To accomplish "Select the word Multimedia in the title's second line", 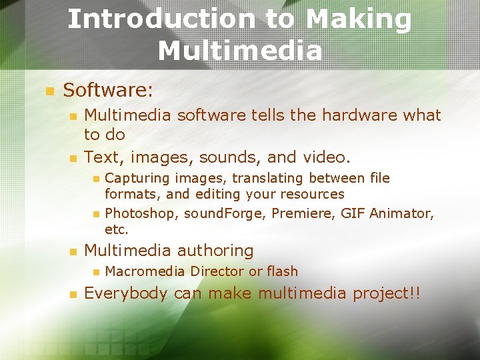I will pos(240,50).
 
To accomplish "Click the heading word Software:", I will pos(107,89).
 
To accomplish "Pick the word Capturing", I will pos(136,178).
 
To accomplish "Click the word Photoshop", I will pos(141,214).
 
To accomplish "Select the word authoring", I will pos(216,251).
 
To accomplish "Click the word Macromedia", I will pos(145,271).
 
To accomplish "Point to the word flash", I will pos(282,271).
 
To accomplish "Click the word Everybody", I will pos(125,294).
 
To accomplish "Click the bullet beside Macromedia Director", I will pos(95,272).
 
